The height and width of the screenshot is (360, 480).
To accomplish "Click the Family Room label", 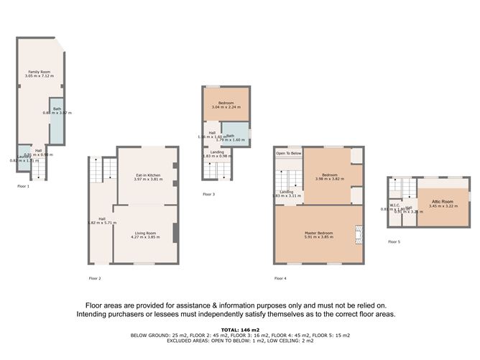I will [39, 72].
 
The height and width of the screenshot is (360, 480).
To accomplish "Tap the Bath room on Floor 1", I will [55, 119].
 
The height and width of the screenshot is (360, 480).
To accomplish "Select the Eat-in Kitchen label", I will [147, 175].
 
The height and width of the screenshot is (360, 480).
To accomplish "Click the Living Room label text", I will [147, 233].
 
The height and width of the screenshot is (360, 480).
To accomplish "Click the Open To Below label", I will [288, 153].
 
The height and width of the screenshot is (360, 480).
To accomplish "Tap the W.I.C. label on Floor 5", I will [393, 205].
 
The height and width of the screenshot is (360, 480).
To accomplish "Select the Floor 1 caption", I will [23, 185].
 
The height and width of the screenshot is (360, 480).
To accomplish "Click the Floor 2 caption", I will [95, 277].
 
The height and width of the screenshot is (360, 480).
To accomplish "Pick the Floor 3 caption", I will [208, 194].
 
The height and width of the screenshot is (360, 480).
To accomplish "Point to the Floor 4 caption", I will [280, 277].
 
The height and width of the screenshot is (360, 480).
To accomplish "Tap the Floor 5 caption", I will [394, 241].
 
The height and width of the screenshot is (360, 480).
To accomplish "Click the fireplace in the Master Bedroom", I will [359, 234].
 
